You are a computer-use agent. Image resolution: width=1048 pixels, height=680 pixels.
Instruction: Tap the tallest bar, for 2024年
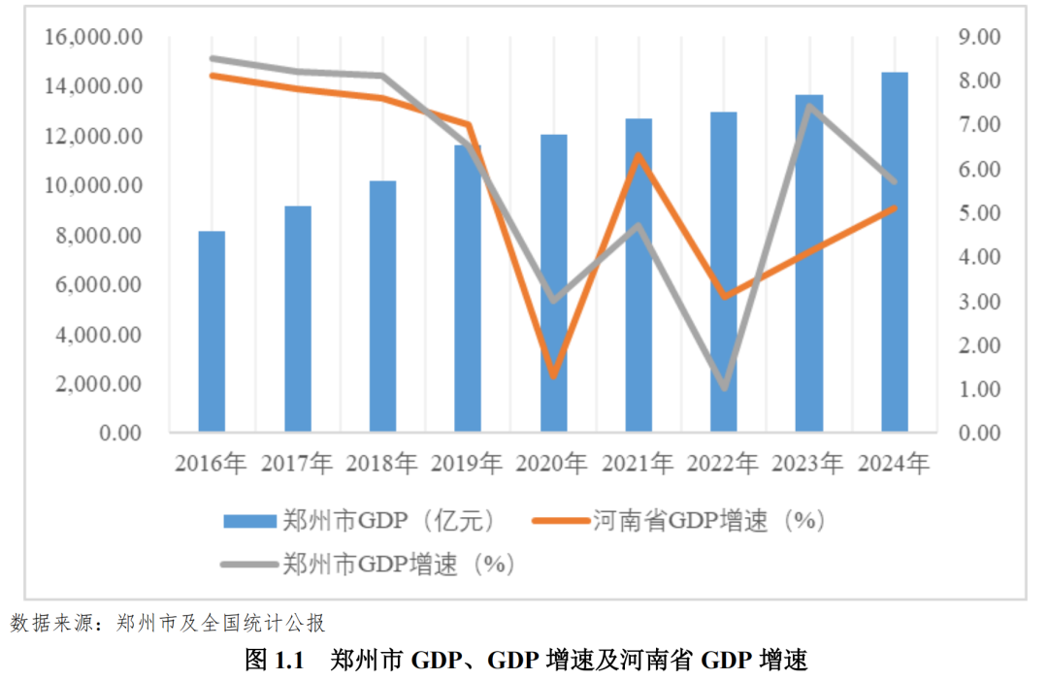[x=895, y=252]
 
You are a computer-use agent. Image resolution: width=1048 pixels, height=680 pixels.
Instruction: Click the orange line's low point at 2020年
[x=553, y=376]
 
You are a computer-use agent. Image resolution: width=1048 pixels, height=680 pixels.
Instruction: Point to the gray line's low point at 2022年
[x=724, y=388]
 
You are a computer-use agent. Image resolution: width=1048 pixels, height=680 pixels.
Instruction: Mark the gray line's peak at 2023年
[x=809, y=106]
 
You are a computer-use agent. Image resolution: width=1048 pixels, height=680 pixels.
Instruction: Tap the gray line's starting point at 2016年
[x=213, y=58]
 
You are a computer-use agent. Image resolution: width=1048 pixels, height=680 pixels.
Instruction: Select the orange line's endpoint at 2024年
[x=895, y=208]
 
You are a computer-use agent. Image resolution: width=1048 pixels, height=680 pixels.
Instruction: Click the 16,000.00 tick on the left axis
[x=93, y=37]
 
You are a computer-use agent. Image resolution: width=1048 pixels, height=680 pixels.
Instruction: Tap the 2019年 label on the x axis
[x=468, y=464]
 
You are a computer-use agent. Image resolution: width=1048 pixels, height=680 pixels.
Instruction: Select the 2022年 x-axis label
[x=723, y=464]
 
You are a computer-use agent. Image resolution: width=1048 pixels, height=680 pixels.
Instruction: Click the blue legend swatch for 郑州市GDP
[x=249, y=521]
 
